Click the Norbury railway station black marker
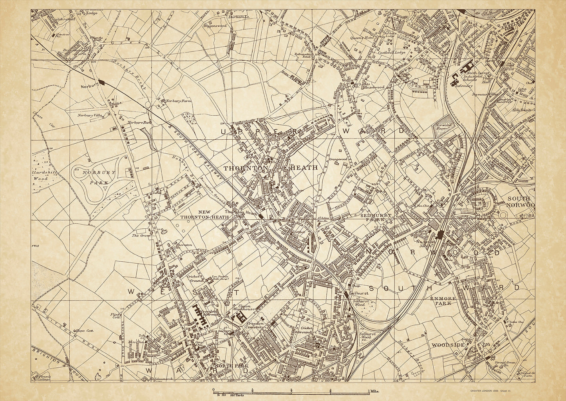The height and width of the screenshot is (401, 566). pyautogui.click(x=103, y=82)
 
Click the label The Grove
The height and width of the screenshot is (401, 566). pyautogui.click(x=141, y=235)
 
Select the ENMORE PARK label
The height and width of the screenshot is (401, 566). pyautogui.click(x=443, y=301)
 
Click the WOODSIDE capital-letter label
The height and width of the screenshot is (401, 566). pyautogui.click(x=448, y=345)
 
